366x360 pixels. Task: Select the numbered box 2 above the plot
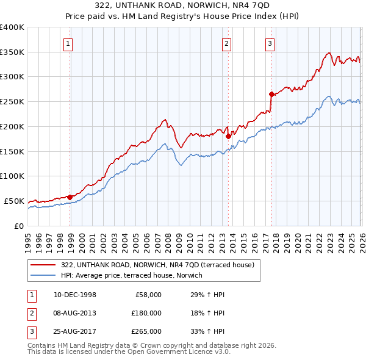coord(226,43)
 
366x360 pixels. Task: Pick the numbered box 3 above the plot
coord(269,43)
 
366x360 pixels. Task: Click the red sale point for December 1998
coord(70,196)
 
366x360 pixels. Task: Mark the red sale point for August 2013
coord(228,136)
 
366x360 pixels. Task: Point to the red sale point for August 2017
coord(271,94)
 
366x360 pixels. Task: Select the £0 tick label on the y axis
coord(18,226)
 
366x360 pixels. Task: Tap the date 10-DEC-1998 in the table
coord(74,295)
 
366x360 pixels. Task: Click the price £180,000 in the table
coord(146,312)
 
